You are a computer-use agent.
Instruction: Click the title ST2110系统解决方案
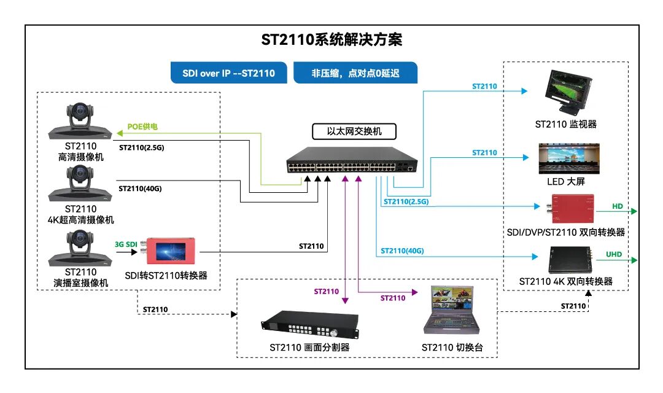(x=331, y=41)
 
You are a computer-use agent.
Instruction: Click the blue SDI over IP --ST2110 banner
(x=228, y=73)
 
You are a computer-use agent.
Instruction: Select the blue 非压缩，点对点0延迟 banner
(x=355, y=73)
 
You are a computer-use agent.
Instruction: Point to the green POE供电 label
(x=142, y=127)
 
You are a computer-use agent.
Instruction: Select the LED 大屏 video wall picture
(x=568, y=158)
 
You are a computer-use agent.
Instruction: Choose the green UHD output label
(x=614, y=254)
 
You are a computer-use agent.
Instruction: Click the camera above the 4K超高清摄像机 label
(x=80, y=185)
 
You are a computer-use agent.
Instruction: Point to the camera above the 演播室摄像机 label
(x=80, y=248)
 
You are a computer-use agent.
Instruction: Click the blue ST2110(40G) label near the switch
(x=402, y=251)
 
